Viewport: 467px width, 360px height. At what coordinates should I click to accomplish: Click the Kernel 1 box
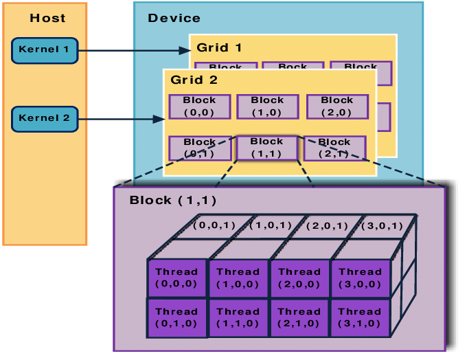(x=45, y=50)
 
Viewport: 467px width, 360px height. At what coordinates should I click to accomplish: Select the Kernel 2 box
(x=45, y=119)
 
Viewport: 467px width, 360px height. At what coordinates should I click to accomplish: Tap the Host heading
(x=47, y=19)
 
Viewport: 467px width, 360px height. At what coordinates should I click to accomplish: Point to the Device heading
(x=174, y=19)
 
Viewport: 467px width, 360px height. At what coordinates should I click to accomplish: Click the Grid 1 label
(x=219, y=48)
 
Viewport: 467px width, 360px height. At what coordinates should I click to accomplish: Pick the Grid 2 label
(x=194, y=80)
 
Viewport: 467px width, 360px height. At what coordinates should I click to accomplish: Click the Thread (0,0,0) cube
(x=176, y=278)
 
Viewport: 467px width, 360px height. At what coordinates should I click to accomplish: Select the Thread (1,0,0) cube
(x=238, y=278)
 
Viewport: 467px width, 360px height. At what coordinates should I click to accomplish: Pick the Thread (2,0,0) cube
(x=299, y=278)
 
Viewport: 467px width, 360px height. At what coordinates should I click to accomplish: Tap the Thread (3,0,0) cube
(x=360, y=278)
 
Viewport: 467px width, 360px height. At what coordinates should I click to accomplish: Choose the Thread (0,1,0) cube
(x=176, y=317)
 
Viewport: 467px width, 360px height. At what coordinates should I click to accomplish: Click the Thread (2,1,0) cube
(x=299, y=317)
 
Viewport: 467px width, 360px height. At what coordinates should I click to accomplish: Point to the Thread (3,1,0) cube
(x=360, y=317)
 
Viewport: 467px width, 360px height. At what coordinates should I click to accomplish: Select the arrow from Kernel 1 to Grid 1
(x=134, y=50)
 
